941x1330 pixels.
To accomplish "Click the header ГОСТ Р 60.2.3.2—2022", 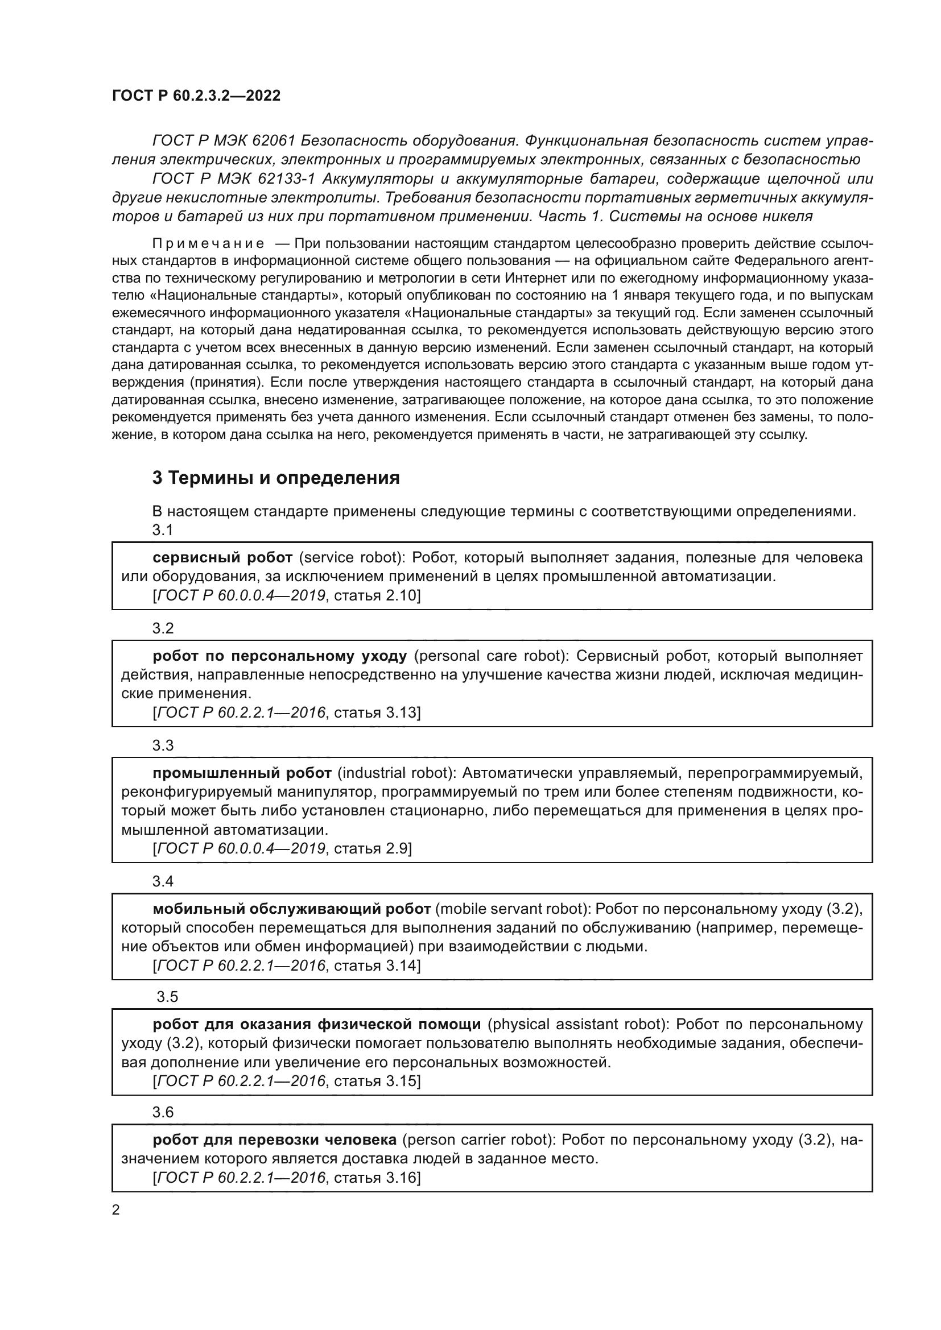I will point(196,96).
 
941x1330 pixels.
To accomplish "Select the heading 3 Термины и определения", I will point(276,478).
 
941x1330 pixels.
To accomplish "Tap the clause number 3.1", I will point(163,529).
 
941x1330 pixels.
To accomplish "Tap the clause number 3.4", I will point(163,881).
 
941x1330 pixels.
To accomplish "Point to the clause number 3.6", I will point(163,1112).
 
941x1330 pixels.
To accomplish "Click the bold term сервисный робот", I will point(222,557).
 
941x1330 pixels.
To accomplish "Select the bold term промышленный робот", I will point(242,773).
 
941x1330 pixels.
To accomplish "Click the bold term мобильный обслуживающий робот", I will point(291,908).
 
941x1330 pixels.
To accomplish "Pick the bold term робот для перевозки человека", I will point(274,1140).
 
